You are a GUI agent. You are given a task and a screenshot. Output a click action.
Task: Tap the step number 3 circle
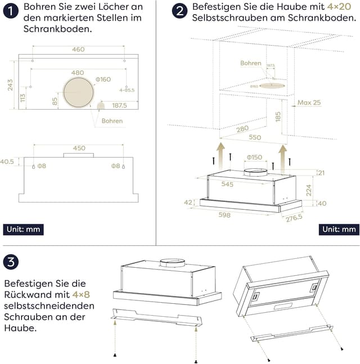[11, 262]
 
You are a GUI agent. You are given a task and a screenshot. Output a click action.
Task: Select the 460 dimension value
[78, 50]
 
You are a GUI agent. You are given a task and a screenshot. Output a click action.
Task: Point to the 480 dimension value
[78, 73]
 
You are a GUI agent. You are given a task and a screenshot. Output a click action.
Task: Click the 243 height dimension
[10, 84]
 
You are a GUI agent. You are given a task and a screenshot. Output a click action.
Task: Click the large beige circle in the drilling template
[79, 93]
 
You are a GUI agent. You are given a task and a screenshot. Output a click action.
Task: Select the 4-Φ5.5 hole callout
[127, 90]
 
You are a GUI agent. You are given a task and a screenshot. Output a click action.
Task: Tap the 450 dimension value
[79, 149]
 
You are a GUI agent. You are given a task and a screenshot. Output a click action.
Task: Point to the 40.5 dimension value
[7, 162]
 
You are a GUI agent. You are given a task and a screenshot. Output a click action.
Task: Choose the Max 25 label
[309, 102]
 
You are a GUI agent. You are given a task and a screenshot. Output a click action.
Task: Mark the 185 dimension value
[278, 118]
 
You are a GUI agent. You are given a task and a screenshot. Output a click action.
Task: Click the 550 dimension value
[254, 137]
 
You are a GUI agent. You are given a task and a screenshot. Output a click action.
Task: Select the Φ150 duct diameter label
[254, 157]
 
